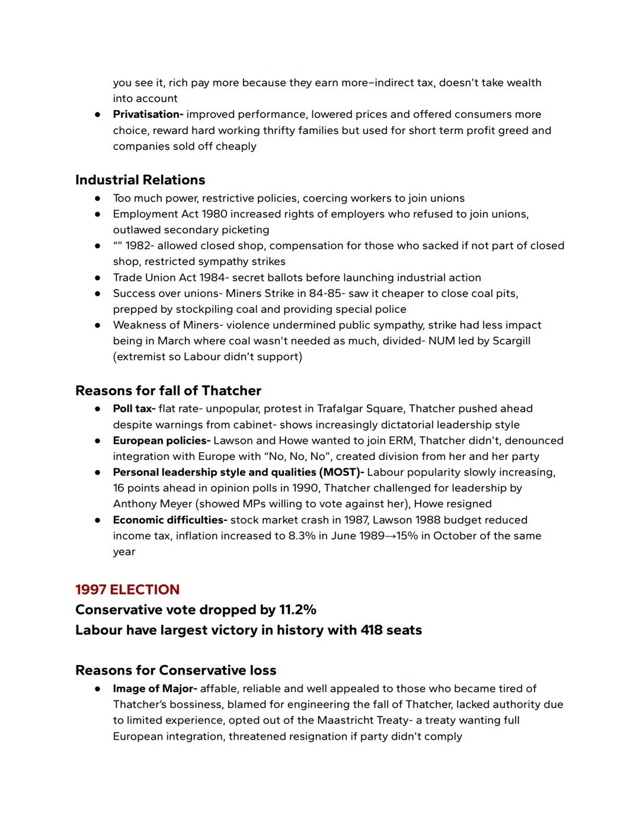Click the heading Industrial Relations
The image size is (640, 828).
coord(140,180)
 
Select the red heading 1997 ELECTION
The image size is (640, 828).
coord(127,590)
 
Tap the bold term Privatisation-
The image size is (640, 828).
coord(148,114)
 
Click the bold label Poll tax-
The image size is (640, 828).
coord(134,409)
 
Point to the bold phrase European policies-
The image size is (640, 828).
coord(162,441)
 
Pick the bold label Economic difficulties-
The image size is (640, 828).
coord(170,520)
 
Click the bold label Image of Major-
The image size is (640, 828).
coord(155,689)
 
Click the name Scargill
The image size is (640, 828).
coord(511,341)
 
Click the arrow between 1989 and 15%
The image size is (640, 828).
coord(391,536)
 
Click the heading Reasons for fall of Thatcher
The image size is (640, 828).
coord(168,391)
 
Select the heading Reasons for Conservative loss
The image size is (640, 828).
coord(175,671)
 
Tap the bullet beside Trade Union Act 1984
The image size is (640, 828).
coord(97,278)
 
